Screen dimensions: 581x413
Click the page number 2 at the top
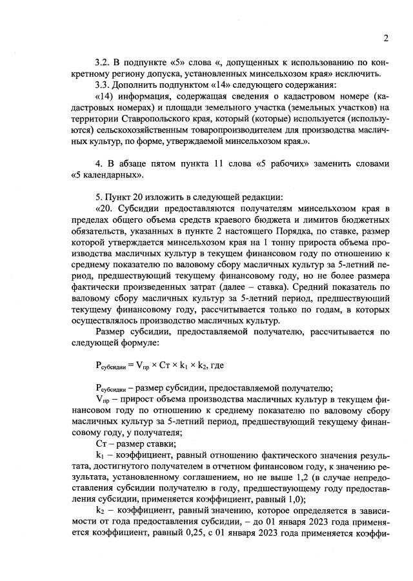(x=385, y=38)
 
